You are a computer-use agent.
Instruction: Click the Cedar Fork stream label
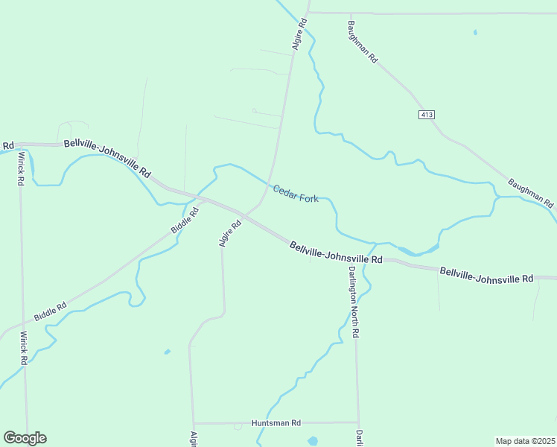[x=296, y=194]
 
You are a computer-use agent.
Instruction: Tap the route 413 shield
[x=426, y=115]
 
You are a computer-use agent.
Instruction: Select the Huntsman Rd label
[x=276, y=422]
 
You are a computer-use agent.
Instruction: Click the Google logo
[x=25, y=438]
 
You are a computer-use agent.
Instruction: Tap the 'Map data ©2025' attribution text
[x=525, y=440]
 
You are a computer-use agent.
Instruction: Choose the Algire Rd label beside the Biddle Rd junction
[x=230, y=233]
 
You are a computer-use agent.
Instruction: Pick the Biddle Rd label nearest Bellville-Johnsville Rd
[x=185, y=221]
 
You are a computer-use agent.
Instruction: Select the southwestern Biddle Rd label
[x=51, y=311]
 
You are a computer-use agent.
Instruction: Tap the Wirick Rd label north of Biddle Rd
[x=22, y=168]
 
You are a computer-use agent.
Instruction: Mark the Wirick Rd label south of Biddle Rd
[x=24, y=348]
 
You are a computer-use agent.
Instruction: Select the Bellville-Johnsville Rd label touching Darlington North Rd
[x=336, y=252]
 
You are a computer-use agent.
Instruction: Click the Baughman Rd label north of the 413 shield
[x=363, y=42]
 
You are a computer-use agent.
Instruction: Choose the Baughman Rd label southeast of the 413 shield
[x=531, y=192]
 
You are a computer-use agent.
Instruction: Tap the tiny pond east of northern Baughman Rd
[x=475, y=32]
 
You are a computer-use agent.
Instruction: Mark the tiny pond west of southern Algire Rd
[x=167, y=352]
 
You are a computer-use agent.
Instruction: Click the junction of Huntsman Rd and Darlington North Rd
[x=358, y=422]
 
